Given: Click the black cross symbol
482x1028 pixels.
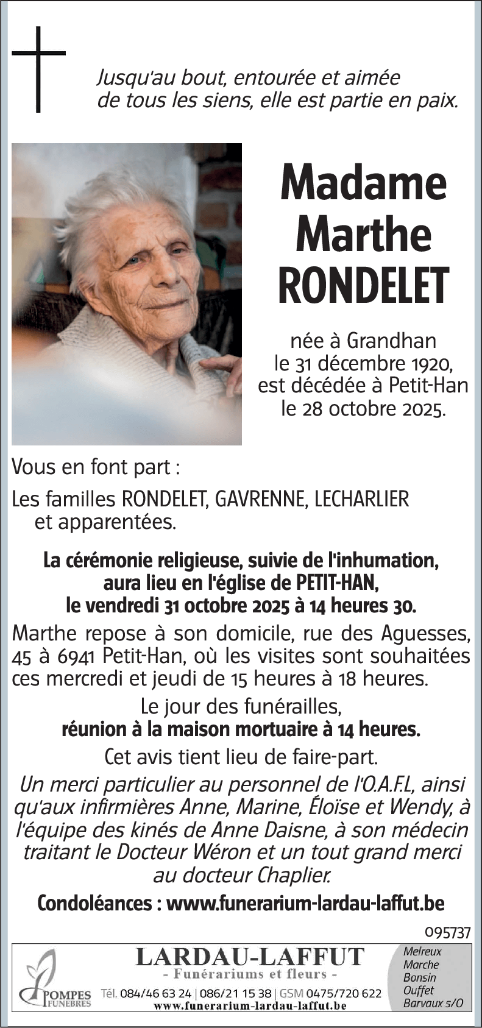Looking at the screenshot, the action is [x=38, y=68].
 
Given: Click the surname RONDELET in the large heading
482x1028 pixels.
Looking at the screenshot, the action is [x=363, y=285].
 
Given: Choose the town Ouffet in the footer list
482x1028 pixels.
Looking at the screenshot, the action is [x=419, y=990].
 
